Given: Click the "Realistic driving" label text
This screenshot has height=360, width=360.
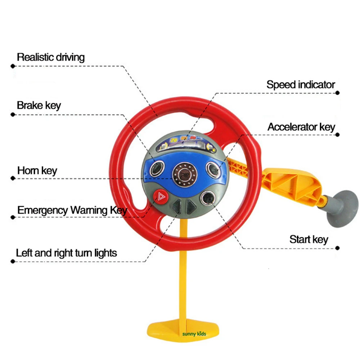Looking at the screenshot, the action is click(x=51, y=57).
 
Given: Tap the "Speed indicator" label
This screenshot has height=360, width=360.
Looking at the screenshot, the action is click(x=301, y=85).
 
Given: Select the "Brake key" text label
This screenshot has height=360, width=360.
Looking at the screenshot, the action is click(x=39, y=105).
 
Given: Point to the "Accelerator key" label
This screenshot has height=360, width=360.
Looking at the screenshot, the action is click(x=301, y=127).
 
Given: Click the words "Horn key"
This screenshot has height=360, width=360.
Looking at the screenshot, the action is click(x=37, y=170).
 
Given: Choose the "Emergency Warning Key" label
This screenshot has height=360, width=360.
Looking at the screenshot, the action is click(x=72, y=210).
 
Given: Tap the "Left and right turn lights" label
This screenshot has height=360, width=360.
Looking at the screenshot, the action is click(x=67, y=253).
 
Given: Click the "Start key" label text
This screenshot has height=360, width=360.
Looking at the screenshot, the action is click(x=309, y=239).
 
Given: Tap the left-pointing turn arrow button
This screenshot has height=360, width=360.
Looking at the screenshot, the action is click(x=177, y=206).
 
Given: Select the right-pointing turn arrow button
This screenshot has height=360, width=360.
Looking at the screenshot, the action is click(x=191, y=206).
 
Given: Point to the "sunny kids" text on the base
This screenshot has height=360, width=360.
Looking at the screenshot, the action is click(x=194, y=334).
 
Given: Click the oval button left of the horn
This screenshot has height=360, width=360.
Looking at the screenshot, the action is click(x=157, y=168).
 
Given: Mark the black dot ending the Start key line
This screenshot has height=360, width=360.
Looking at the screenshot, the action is click(x=337, y=248).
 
